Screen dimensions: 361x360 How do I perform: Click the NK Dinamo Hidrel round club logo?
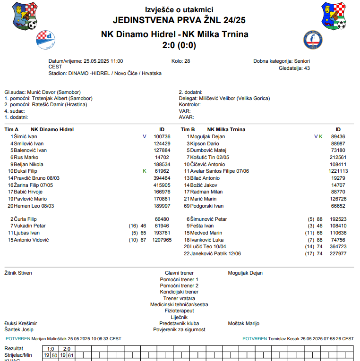pos(46,40)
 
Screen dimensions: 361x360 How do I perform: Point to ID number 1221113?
pos(338,171)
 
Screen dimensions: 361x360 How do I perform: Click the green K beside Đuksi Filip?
pos(145,171)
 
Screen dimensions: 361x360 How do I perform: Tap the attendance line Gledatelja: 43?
pos(294,68)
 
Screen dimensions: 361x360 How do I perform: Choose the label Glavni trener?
pos(179,273)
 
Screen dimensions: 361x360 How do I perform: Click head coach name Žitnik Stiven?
pos(18,273)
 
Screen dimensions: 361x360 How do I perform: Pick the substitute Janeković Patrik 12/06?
pos(215,253)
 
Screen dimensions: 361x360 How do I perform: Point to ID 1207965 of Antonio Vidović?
pos(162,240)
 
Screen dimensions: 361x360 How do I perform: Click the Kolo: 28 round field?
pos(180,61)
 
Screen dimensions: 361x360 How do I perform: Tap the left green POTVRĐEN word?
pos(17,338)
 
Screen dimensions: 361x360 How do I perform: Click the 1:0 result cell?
pos(51,349)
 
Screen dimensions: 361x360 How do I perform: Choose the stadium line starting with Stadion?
pos(105,74)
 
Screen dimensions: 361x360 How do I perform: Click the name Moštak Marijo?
pos(243,323)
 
